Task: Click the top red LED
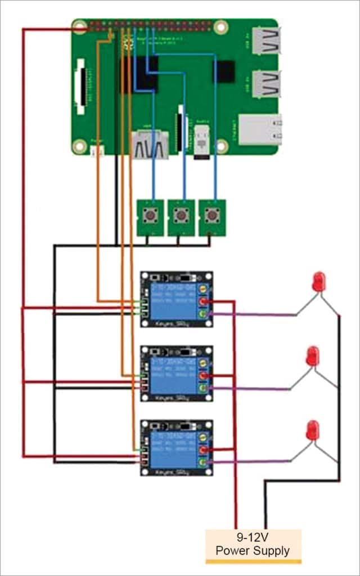pyautogui.click(x=318, y=282)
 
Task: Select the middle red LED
pyautogui.click(x=312, y=356)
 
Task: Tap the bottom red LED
pyautogui.click(x=312, y=430)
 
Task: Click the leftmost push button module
pyautogui.click(x=150, y=217)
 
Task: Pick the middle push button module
pyautogui.click(x=181, y=217)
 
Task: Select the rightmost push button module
pyautogui.click(x=212, y=217)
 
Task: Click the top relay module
pyautogui.click(x=177, y=300)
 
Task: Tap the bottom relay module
pyautogui.click(x=177, y=448)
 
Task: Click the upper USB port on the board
pyautogui.click(x=265, y=41)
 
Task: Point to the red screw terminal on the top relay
pyautogui.click(x=203, y=302)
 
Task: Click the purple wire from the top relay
pyautogui.click(x=253, y=315)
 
